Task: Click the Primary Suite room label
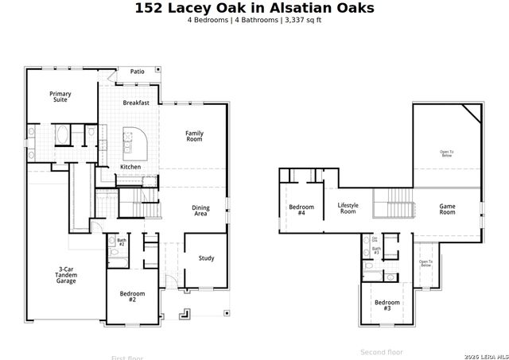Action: pos(60,97)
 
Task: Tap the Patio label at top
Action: pos(138,72)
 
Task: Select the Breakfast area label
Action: pos(136,103)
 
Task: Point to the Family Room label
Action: pos(194,136)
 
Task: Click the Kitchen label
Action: pos(130,166)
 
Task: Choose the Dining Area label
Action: pos(201,211)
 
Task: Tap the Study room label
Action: pos(206,257)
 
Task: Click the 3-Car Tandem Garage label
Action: pos(66,275)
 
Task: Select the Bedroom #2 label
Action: pos(133,296)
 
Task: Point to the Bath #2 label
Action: pos(122,242)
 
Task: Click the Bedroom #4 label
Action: pos(301,210)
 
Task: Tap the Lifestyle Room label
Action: pos(348,208)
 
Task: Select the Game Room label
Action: pos(448,209)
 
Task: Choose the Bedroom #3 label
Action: pos(387,304)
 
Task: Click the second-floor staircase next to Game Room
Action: pos(394,203)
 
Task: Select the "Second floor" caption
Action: pos(382,351)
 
